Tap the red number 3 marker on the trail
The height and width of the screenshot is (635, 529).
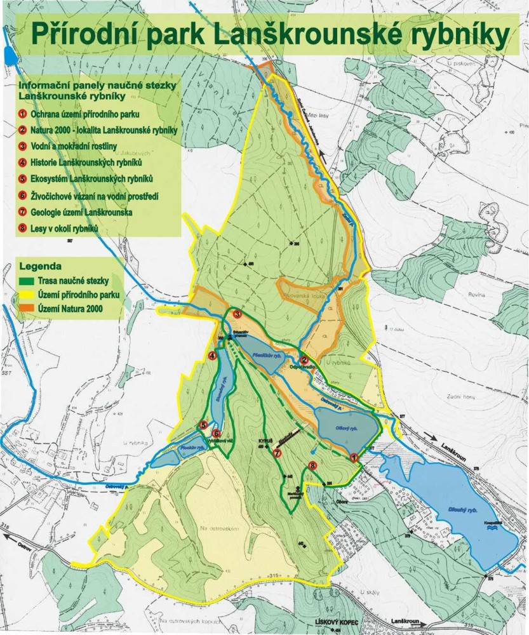[237, 314]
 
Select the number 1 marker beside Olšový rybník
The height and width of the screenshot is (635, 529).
[354, 456]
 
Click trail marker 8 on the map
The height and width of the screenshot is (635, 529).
[312, 465]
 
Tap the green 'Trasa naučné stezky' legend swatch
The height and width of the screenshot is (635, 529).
[27, 281]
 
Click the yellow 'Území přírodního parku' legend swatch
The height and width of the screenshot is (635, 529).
[27, 295]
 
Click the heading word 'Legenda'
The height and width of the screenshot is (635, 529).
[41, 265]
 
